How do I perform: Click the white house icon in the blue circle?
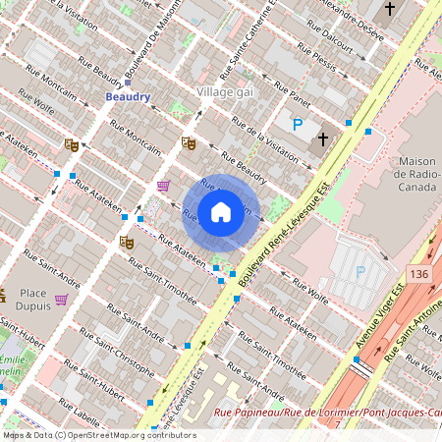[x=221, y=211]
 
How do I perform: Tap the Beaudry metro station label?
[x=128, y=96]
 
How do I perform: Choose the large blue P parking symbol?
[x=298, y=125]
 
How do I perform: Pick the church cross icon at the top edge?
[x=389, y=9]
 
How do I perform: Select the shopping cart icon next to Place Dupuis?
[x=61, y=300]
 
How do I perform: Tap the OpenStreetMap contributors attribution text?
[x=98, y=435]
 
